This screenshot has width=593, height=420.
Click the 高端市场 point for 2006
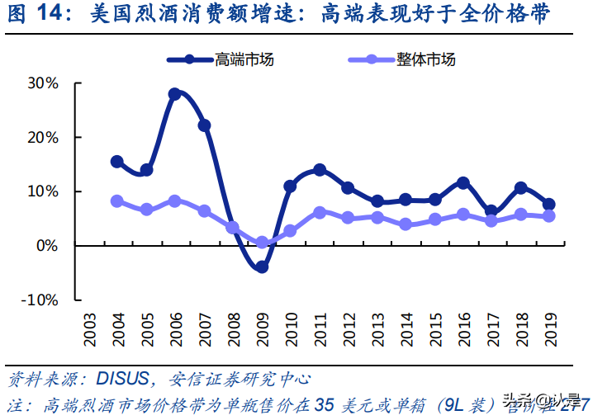tap(174, 94)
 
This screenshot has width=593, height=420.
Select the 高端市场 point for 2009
tap(262, 267)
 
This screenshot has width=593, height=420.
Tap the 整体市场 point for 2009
tap(262, 243)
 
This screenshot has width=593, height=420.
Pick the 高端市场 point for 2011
tap(320, 170)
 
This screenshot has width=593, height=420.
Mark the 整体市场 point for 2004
tap(117, 201)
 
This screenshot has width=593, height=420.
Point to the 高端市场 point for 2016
tap(463, 182)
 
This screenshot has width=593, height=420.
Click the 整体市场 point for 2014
tap(406, 224)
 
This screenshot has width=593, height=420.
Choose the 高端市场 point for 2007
tap(204, 125)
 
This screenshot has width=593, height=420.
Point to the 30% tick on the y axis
tap(43, 83)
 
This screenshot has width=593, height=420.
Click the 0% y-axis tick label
tap(46, 245)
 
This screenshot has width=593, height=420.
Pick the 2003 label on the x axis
tap(88, 331)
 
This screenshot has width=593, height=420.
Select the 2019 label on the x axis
tap(550, 331)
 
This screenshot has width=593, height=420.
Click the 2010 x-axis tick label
tap(291, 331)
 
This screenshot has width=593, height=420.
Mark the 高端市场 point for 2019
tap(549, 205)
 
